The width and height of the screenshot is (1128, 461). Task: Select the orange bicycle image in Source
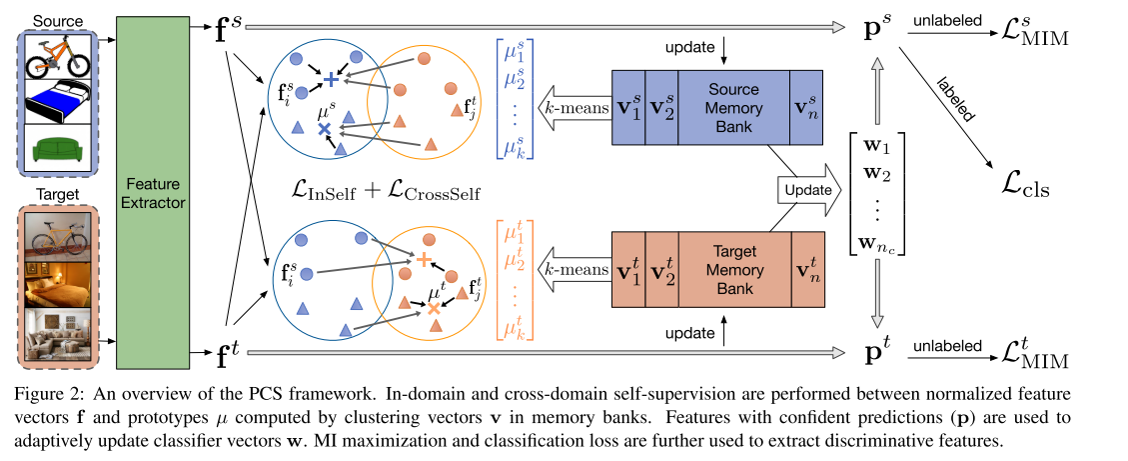(x=56, y=56)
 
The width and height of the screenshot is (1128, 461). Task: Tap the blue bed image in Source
(x=56, y=102)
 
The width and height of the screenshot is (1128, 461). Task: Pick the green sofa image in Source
(x=56, y=148)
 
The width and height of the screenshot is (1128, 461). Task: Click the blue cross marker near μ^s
(x=323, y=130)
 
